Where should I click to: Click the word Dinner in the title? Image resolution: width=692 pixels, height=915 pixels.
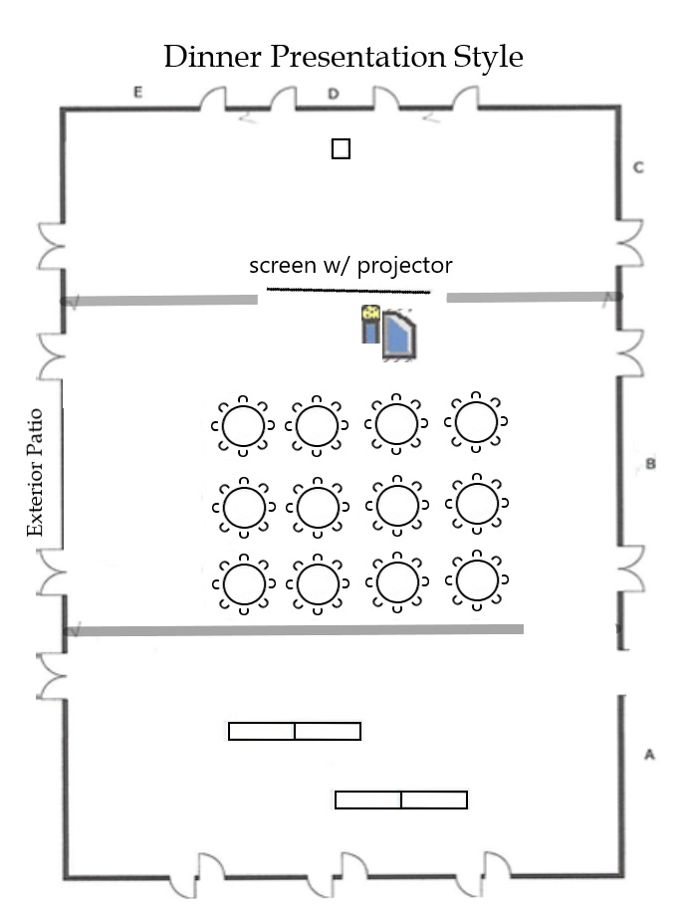pyautogui.click(x=212, y=57)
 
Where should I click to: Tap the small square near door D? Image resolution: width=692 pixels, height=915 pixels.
pyautogui.click(x=341, y=148)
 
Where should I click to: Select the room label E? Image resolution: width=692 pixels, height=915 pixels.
pyautogui.click(x=137, y=92)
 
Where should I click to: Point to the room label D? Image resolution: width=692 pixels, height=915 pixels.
pyautogui.click(x=334, y=94)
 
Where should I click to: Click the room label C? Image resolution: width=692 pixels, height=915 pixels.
pyautogui.click(x=638, y=167)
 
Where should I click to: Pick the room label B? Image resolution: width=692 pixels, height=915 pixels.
pyautogui.click(x=650, y=464)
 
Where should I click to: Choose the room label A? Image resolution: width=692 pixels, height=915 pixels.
pyautogui.click(x=649, y=755)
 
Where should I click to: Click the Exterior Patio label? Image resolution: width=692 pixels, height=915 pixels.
pyautogui.click(x=35, y=473)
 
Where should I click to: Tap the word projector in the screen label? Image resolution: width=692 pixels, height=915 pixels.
pyautogui.click(x=404, y=266)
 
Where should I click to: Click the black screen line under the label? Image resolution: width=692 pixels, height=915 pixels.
pyautogui.click(x=348, y=290)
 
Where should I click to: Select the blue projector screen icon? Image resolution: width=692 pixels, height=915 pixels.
pyautogui.click(x=399, y=335)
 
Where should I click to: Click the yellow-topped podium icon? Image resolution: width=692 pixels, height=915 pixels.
pyautogui.click(x=370, y=324)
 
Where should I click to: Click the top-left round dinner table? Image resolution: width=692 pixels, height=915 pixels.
pyautogui.click(x=243, y=425)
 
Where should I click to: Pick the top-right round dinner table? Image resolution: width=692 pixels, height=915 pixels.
pyautogui.click(x=476, y=421)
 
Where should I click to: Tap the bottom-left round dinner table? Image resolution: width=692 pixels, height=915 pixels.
pyautogui.click(x=244, y=583)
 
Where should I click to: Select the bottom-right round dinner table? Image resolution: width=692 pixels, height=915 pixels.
pyautogui.click(x=477, y=580)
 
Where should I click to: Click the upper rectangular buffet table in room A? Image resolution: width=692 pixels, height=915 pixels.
pyautogui.click(x=295, y=731)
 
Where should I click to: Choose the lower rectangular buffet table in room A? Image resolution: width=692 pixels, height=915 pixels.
pyautogui.click(x=401, y=800)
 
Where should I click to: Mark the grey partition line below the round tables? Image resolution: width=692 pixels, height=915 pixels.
pyautogui.click(x=294, y=630)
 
